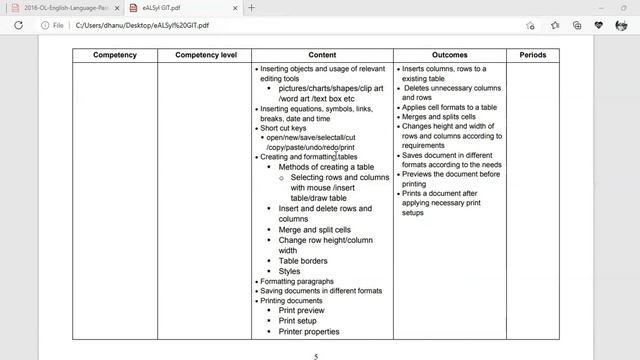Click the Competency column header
(114, 54)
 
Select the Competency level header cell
(206, 54)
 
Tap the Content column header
(322, 54)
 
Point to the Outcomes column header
(449, 54)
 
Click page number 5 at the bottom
(317, 356)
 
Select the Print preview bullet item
(302, 311)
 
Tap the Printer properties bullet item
(309, 332)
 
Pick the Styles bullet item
(289, 271)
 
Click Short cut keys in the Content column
(285, 128)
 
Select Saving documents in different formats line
(320, 291)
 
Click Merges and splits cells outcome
(443, 116)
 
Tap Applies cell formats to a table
(449, 106)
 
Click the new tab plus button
(250, 8)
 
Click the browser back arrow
(18, 25)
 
